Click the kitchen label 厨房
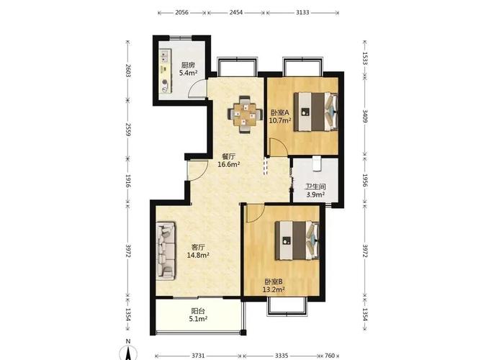coord(188,66)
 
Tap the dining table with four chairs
coord(245,114)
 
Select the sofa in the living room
coord(166,251)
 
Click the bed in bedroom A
coord(315,111)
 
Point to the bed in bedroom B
coord(297,240)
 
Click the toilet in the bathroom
coord(316,163)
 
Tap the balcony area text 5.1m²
coord(198,319)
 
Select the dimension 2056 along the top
coord(181,12)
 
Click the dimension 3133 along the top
coord(302,12)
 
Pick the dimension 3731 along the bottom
coord(198,356)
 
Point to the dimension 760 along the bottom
coord(330,356)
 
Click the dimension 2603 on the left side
coord(128,71)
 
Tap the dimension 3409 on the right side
coord(365,116)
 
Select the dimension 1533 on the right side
coord(365,58)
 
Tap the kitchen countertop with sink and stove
coord(165,71)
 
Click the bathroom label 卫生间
coord(315,186)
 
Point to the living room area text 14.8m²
coord(198,255)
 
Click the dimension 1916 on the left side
coord(128,181)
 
